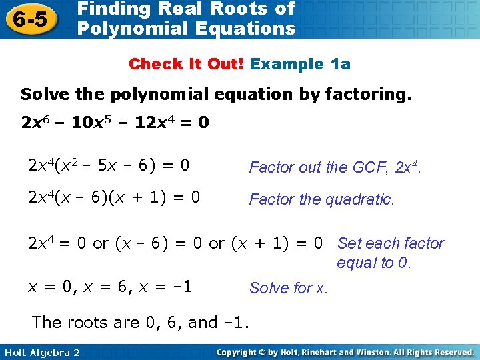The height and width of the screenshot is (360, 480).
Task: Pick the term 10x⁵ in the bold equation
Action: coord(91,123)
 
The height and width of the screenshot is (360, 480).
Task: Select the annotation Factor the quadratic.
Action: coord(322,199)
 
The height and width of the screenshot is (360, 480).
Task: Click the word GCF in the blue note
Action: coord(363,167)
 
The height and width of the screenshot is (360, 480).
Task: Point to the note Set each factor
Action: coord(391,243)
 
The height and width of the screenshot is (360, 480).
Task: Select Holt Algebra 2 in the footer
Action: coord(41,352)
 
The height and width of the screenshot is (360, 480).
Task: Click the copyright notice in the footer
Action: coord(345,352)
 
